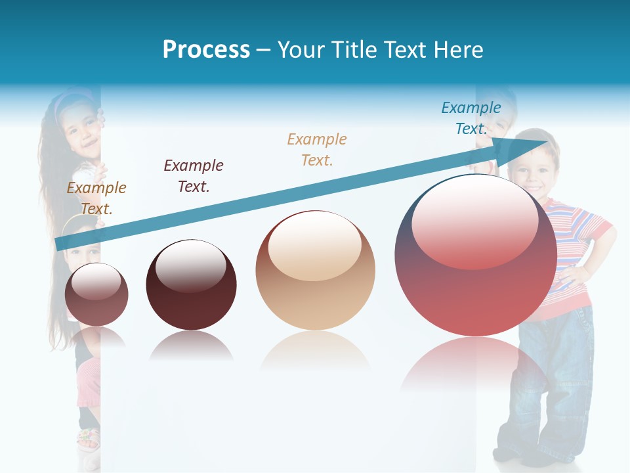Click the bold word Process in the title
[206, 50]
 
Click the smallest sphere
[96, 294]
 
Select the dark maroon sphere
[191, 285]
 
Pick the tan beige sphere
[315, 271]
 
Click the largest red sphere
[475, 256]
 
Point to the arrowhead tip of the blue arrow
[546, 142]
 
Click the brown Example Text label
[96, 198]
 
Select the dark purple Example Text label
[194, 176]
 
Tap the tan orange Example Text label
[317, 150]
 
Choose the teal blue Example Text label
[471, 118]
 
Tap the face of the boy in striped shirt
[530, 169]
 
